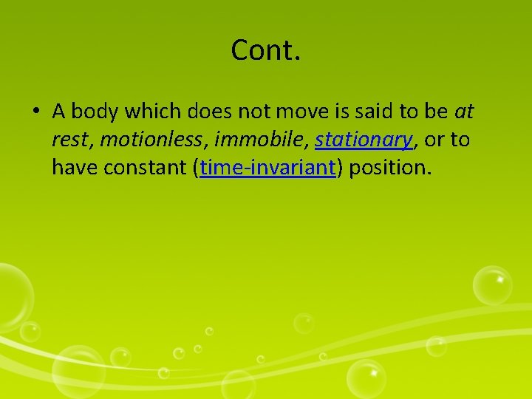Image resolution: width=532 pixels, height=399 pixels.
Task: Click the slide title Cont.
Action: coord(265,50)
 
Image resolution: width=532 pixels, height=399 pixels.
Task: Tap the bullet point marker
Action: coord(35,112)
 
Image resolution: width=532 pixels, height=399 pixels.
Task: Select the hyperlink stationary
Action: coord(363,140)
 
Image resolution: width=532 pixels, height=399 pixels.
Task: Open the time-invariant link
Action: coord(267,168)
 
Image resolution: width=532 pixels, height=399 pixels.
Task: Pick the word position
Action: coord(388,168)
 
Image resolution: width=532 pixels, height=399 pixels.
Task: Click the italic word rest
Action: coord(69,140)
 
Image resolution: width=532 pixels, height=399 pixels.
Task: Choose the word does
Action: coord(209,112)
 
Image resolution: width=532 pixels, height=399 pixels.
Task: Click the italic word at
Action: coord(464,112)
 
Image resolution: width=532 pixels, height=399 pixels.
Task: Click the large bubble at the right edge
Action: coord(492,285)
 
